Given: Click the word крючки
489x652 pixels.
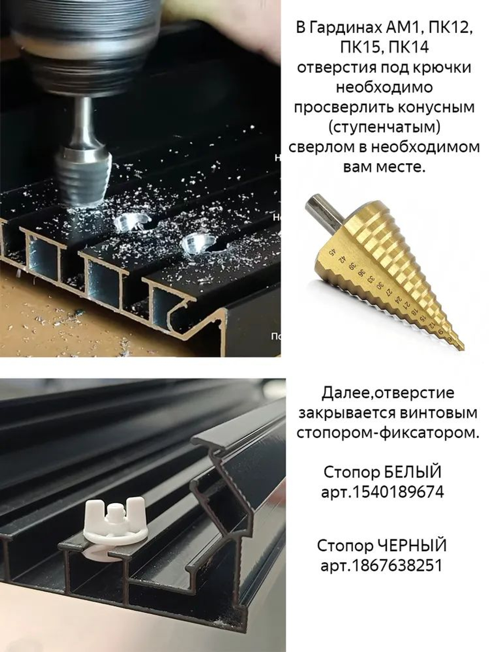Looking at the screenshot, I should [442, 67].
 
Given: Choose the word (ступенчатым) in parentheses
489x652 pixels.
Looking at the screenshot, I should [384, 127].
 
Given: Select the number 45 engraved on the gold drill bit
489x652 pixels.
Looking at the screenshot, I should [333, 253].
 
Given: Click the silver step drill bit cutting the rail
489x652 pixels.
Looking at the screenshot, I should [81, 176].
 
